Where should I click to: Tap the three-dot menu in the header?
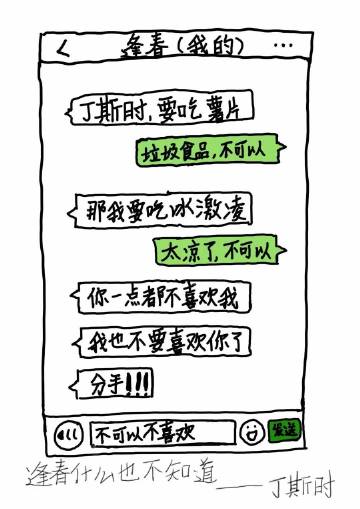tap(285, 46)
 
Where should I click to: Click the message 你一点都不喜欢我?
tap(160, 297)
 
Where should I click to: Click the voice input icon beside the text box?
tap(68, 432)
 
